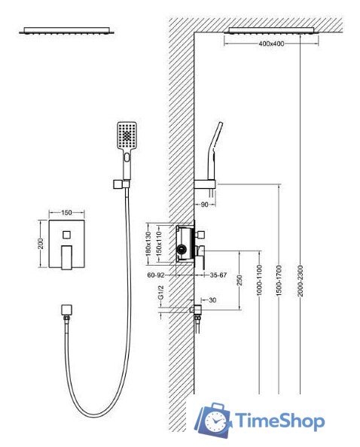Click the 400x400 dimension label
pyautogui.click(x=271, y=44)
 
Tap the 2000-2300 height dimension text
pyautogui.click(x=300, y=281)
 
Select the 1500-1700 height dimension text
pyautogui.click(x=279, y=281)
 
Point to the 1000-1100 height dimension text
pyautogui.click(x=259, y=280)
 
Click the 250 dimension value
pyautogui.click(x=239, y=280)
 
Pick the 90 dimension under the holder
pyautogui.click(x=205, y=205)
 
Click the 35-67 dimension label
pyautogui.click(x=218, y=275)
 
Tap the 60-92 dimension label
pyautogui.click(x=156, y=275)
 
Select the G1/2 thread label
pyautogui.click(x=161, y=293)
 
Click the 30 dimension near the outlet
pyautogui.click(x=212, y=300)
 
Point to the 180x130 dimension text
pyautogui.click(x=148, y=244)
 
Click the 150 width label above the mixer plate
pyautogui.click(x=66, y=213)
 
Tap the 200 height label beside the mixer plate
pyautogui.click(x=41, y=243)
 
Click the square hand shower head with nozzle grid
pyautogui.click(x=127, y=135)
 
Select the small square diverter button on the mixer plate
pyautogui.click(x=67, y=235)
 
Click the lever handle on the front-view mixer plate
pyautogui.click(x=66, y=257)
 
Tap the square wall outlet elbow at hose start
pyautogui.click(x=66, y=309)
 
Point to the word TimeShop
pyautogui.click(x=279, y=421)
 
